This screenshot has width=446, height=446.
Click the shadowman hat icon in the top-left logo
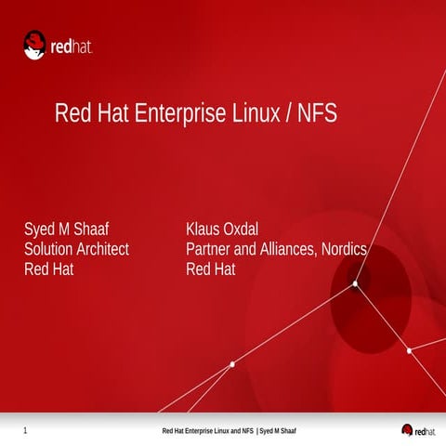click(35, 44)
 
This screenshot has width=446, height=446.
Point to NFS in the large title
click(317, 114)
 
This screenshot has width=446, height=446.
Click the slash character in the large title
click(289, 114)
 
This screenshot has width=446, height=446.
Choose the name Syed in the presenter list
click(40, 230)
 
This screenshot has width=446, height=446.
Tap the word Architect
click(105, 250)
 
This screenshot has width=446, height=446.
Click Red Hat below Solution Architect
click(48, 270)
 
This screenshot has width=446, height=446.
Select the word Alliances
click(289, 250)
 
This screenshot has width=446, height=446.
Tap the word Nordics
click(345, 250)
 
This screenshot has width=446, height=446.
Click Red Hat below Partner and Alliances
click(211, 270)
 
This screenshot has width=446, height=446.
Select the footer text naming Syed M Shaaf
click(278, 432)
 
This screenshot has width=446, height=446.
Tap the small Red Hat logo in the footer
click(418, 430)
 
